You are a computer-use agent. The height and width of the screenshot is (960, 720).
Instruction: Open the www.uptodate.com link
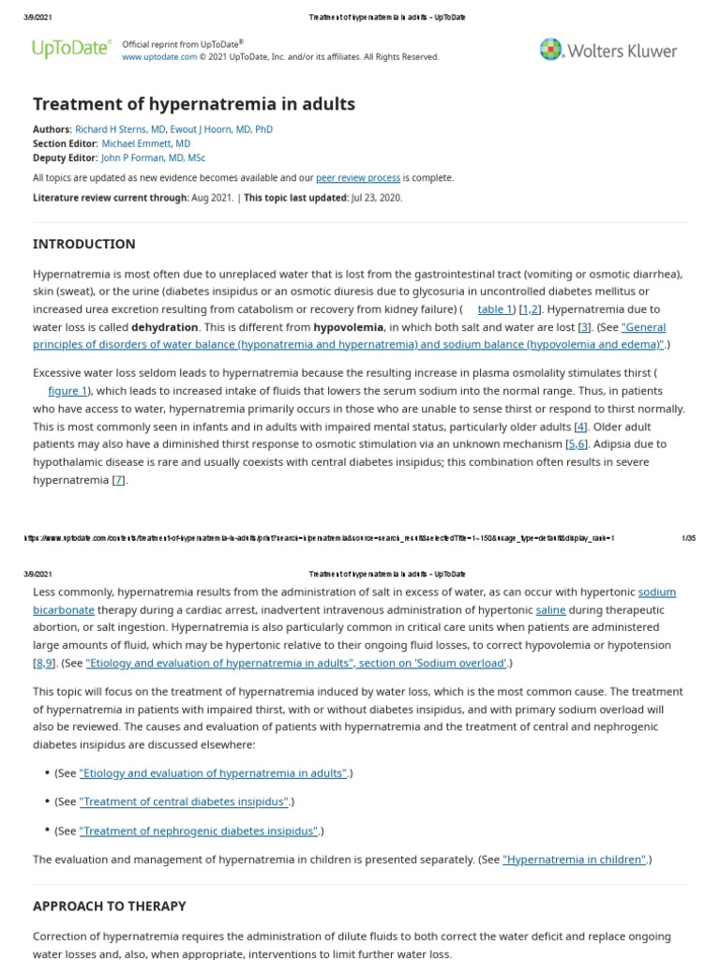(x=158, y=57)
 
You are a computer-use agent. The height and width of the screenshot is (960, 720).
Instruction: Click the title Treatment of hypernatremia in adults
(x=194, y=104)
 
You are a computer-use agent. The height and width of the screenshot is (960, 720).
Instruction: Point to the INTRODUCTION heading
(x=84, y=244)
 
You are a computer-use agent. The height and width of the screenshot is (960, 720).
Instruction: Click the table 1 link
(x=495, y=309)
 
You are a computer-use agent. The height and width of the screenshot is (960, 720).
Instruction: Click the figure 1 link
(x=68, y=391)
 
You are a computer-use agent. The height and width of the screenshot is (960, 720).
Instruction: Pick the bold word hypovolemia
(x=349, y=327)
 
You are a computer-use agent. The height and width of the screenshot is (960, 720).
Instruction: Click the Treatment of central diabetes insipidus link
(x=187, y=802)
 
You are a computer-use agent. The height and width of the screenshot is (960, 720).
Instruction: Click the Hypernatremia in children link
(x=575, y=860)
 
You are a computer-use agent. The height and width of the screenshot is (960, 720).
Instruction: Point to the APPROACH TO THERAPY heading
(x=110, y=907)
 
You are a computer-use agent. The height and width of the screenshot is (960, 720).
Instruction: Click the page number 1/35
(x=688, y=538)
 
